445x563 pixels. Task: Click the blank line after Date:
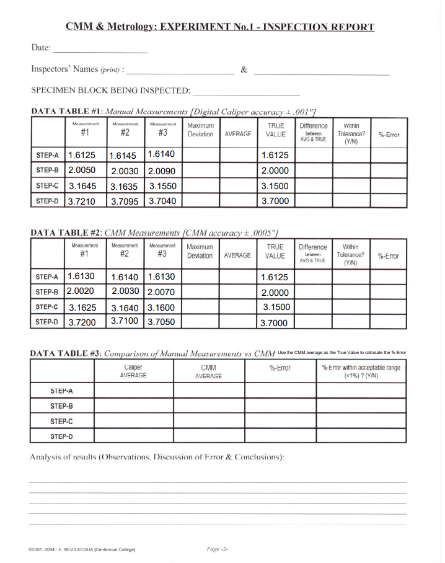[100, 50]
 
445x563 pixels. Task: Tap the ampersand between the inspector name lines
[244, 69]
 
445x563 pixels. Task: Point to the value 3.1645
[82, 185]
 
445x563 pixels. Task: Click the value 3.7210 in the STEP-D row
[82, 201]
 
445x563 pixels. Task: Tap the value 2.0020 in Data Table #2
[80, 291]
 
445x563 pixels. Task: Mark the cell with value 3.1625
[82, 307]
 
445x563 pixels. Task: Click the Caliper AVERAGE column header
[133, 371]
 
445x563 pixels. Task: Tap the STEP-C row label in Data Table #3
[61, 421]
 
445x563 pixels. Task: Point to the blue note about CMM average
[342, 352]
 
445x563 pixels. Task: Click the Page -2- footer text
[218, 549]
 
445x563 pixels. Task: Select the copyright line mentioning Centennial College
[82, 549]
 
